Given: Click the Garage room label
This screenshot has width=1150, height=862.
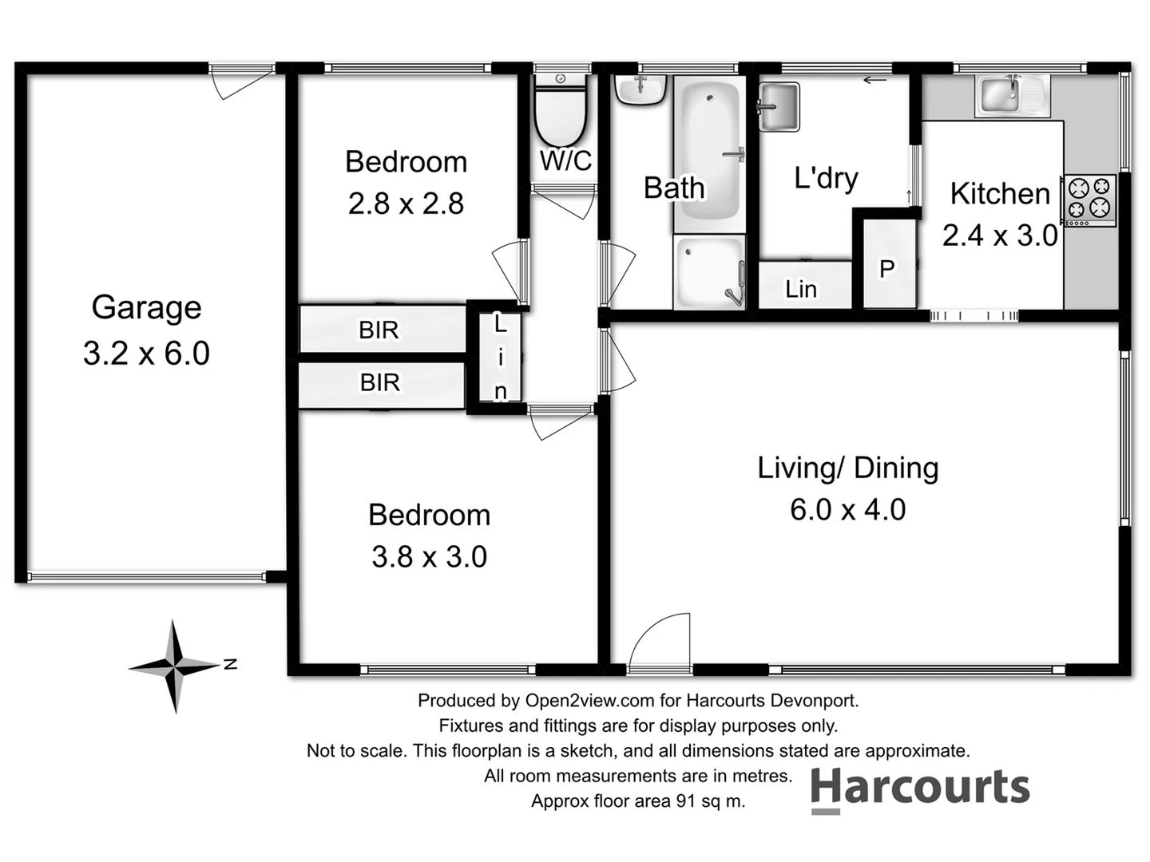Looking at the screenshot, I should [146, 307].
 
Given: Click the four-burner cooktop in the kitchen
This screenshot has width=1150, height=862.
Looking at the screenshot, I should [1089, 199].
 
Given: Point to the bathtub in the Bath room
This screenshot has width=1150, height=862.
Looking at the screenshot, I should [710, 152].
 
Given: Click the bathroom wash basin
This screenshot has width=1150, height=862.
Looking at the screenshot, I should [640, 89].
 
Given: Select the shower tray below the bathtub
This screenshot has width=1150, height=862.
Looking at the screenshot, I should [709, 271].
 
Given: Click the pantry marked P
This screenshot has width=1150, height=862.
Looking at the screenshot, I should [886, 269].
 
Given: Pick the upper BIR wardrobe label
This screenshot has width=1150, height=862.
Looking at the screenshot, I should [379, 330].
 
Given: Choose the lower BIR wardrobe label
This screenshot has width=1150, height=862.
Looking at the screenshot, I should [379, 382].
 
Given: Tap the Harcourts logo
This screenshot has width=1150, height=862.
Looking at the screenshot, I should [921, 789].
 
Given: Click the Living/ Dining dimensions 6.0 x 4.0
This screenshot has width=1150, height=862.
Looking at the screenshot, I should [847, 510].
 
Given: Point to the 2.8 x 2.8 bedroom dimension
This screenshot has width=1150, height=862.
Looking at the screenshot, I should [406, 204].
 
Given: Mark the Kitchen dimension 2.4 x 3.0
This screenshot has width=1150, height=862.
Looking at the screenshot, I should [1000, 236].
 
